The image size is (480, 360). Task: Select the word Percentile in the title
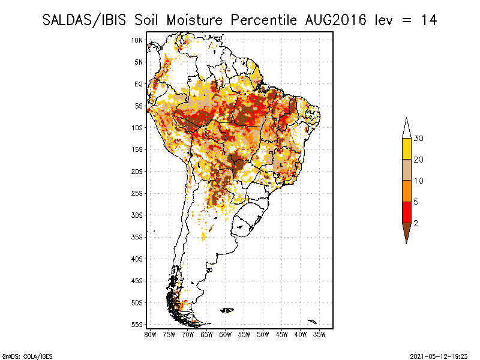(x=263, y=20)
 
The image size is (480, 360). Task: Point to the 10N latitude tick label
(x=137, y=40)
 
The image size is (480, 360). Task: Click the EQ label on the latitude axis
(x=139, y=84)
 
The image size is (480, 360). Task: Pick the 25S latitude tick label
(x=137, y=193)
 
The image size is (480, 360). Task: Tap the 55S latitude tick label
(x=137, y=325)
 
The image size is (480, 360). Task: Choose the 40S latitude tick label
(x=137, y=259)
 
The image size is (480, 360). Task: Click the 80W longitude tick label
(x=151, y=334)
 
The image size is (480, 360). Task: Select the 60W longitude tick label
(x=226, y=334)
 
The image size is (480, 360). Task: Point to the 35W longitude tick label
(x=320, y=334)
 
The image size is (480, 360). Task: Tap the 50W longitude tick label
(x=263, y=334)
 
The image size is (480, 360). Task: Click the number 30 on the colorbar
(x=419, y=139)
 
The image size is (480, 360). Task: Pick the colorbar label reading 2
(x=416, y=223)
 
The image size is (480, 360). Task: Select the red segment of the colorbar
(x=406, y=212)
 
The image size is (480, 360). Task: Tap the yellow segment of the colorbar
(x=406, y=149)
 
